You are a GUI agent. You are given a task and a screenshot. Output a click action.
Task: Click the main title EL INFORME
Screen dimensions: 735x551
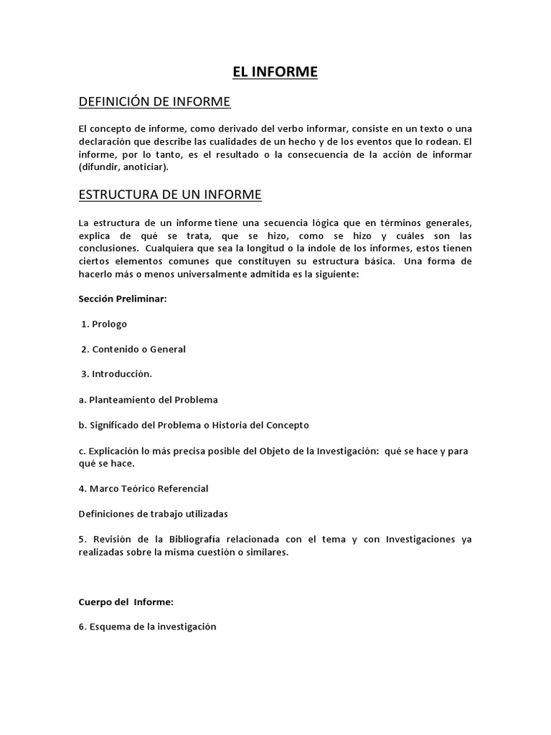point(275,72)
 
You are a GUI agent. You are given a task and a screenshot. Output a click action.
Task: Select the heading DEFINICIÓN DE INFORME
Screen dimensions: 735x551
point(154,102)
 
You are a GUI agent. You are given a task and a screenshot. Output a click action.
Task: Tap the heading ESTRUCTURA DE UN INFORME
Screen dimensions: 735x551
point(170,195)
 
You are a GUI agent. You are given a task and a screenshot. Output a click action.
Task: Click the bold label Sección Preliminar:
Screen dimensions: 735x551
point(122,299)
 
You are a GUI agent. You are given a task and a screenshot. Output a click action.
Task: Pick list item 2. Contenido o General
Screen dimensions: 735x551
point(133,349)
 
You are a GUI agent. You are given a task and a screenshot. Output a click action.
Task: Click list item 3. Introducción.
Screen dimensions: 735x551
point(117,374)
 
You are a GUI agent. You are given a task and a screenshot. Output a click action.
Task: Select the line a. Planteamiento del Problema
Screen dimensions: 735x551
point(148,399)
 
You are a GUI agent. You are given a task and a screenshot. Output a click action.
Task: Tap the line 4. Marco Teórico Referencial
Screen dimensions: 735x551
point(143,488)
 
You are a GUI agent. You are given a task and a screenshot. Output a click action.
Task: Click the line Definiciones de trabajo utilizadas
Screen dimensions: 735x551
point(154,513)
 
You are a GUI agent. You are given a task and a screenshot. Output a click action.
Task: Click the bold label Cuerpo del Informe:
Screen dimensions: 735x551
point(126,601)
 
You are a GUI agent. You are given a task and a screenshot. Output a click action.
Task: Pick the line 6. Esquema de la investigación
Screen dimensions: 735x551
point(147,627)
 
